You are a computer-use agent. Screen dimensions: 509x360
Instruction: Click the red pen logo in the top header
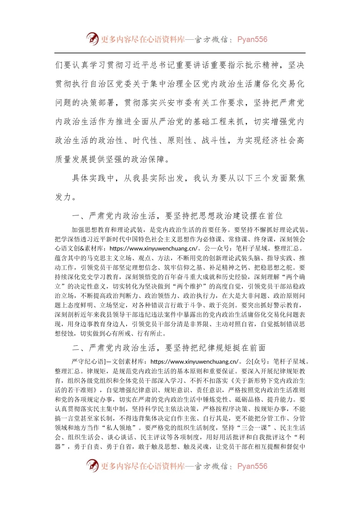92,39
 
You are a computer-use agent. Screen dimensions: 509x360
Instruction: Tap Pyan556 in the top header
252,39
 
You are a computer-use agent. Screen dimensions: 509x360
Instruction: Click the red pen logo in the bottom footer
92,466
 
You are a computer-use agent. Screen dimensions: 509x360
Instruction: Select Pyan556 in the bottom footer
252,466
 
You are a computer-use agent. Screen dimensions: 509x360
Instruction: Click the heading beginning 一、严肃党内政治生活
177,216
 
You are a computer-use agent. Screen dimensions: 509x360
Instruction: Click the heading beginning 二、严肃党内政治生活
169,348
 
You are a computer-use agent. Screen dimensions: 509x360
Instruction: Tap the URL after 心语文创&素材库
153,248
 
